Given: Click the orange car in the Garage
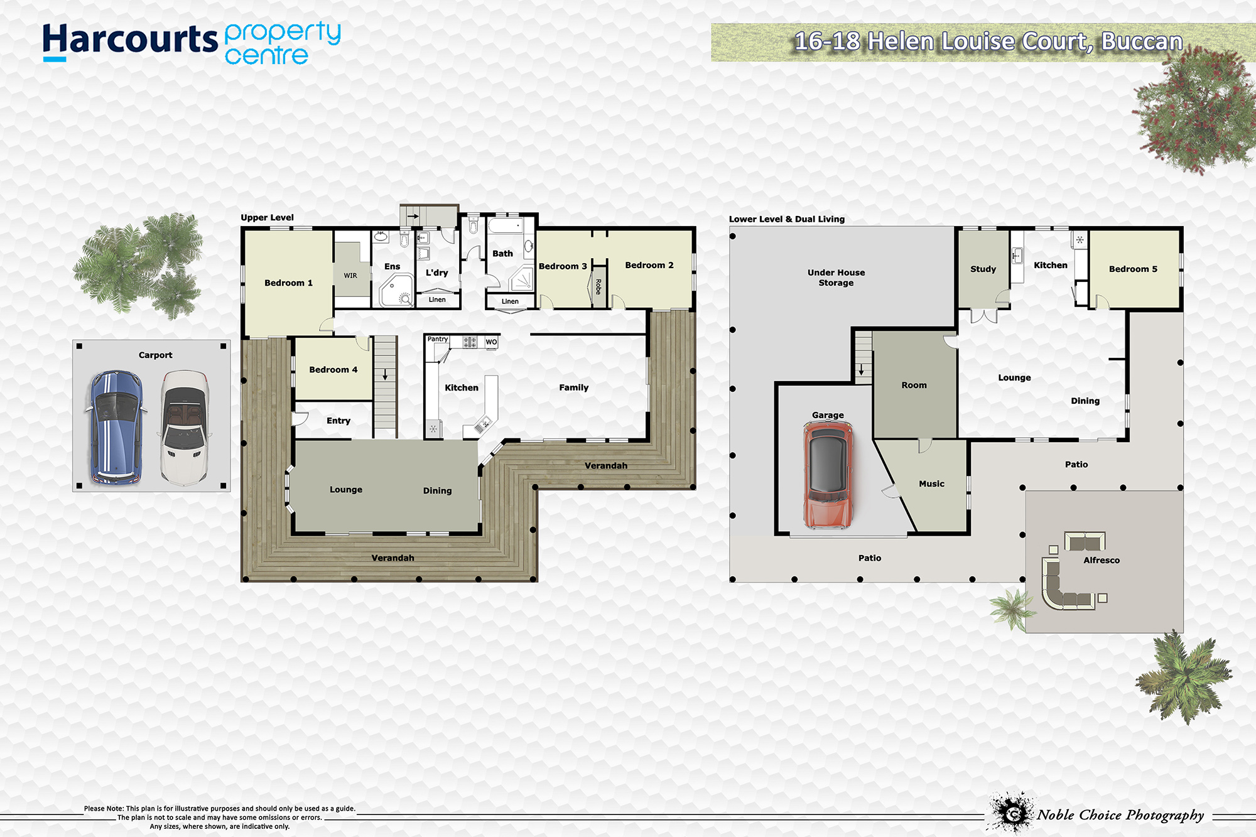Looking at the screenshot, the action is [x=828, y=475].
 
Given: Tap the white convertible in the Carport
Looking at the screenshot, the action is [x=184, y=428].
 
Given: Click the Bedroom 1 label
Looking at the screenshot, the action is [x=288, y=283].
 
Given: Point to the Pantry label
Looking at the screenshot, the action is [x=438, y=339].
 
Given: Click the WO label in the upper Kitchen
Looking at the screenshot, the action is [x=491, y=342].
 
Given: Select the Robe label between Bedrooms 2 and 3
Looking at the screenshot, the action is [x=598, y=287].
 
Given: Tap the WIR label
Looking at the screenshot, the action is [x=350, y=276].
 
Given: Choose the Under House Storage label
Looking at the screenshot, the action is [x=836, y=278].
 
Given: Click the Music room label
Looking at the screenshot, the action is [x=931, y=484].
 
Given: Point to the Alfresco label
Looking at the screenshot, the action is [x=1102, y=560].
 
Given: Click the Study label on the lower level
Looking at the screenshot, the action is [x=983, y=269].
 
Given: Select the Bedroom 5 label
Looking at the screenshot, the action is [x=1133, y=269].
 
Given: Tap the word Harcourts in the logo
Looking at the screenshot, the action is [x=130, y=40].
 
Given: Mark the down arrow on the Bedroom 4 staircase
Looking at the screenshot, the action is [x=385, y=374].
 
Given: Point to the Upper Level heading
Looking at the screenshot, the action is [x=267, y=218].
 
